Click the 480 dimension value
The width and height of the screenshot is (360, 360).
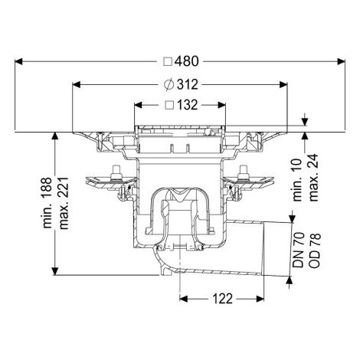point(187,61)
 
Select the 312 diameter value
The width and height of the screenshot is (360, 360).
point(188,84)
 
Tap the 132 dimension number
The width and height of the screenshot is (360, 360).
point(188,105)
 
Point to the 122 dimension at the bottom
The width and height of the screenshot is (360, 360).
point(222,299)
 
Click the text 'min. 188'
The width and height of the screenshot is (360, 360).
point(47,203)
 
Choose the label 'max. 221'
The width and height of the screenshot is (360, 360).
point(64,203)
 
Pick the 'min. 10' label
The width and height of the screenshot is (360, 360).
point(298,180)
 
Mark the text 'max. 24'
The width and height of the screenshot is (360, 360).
point(313,178)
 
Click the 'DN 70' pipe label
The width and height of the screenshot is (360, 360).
point(298,250)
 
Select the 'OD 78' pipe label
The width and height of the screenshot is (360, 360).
point(314,250)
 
